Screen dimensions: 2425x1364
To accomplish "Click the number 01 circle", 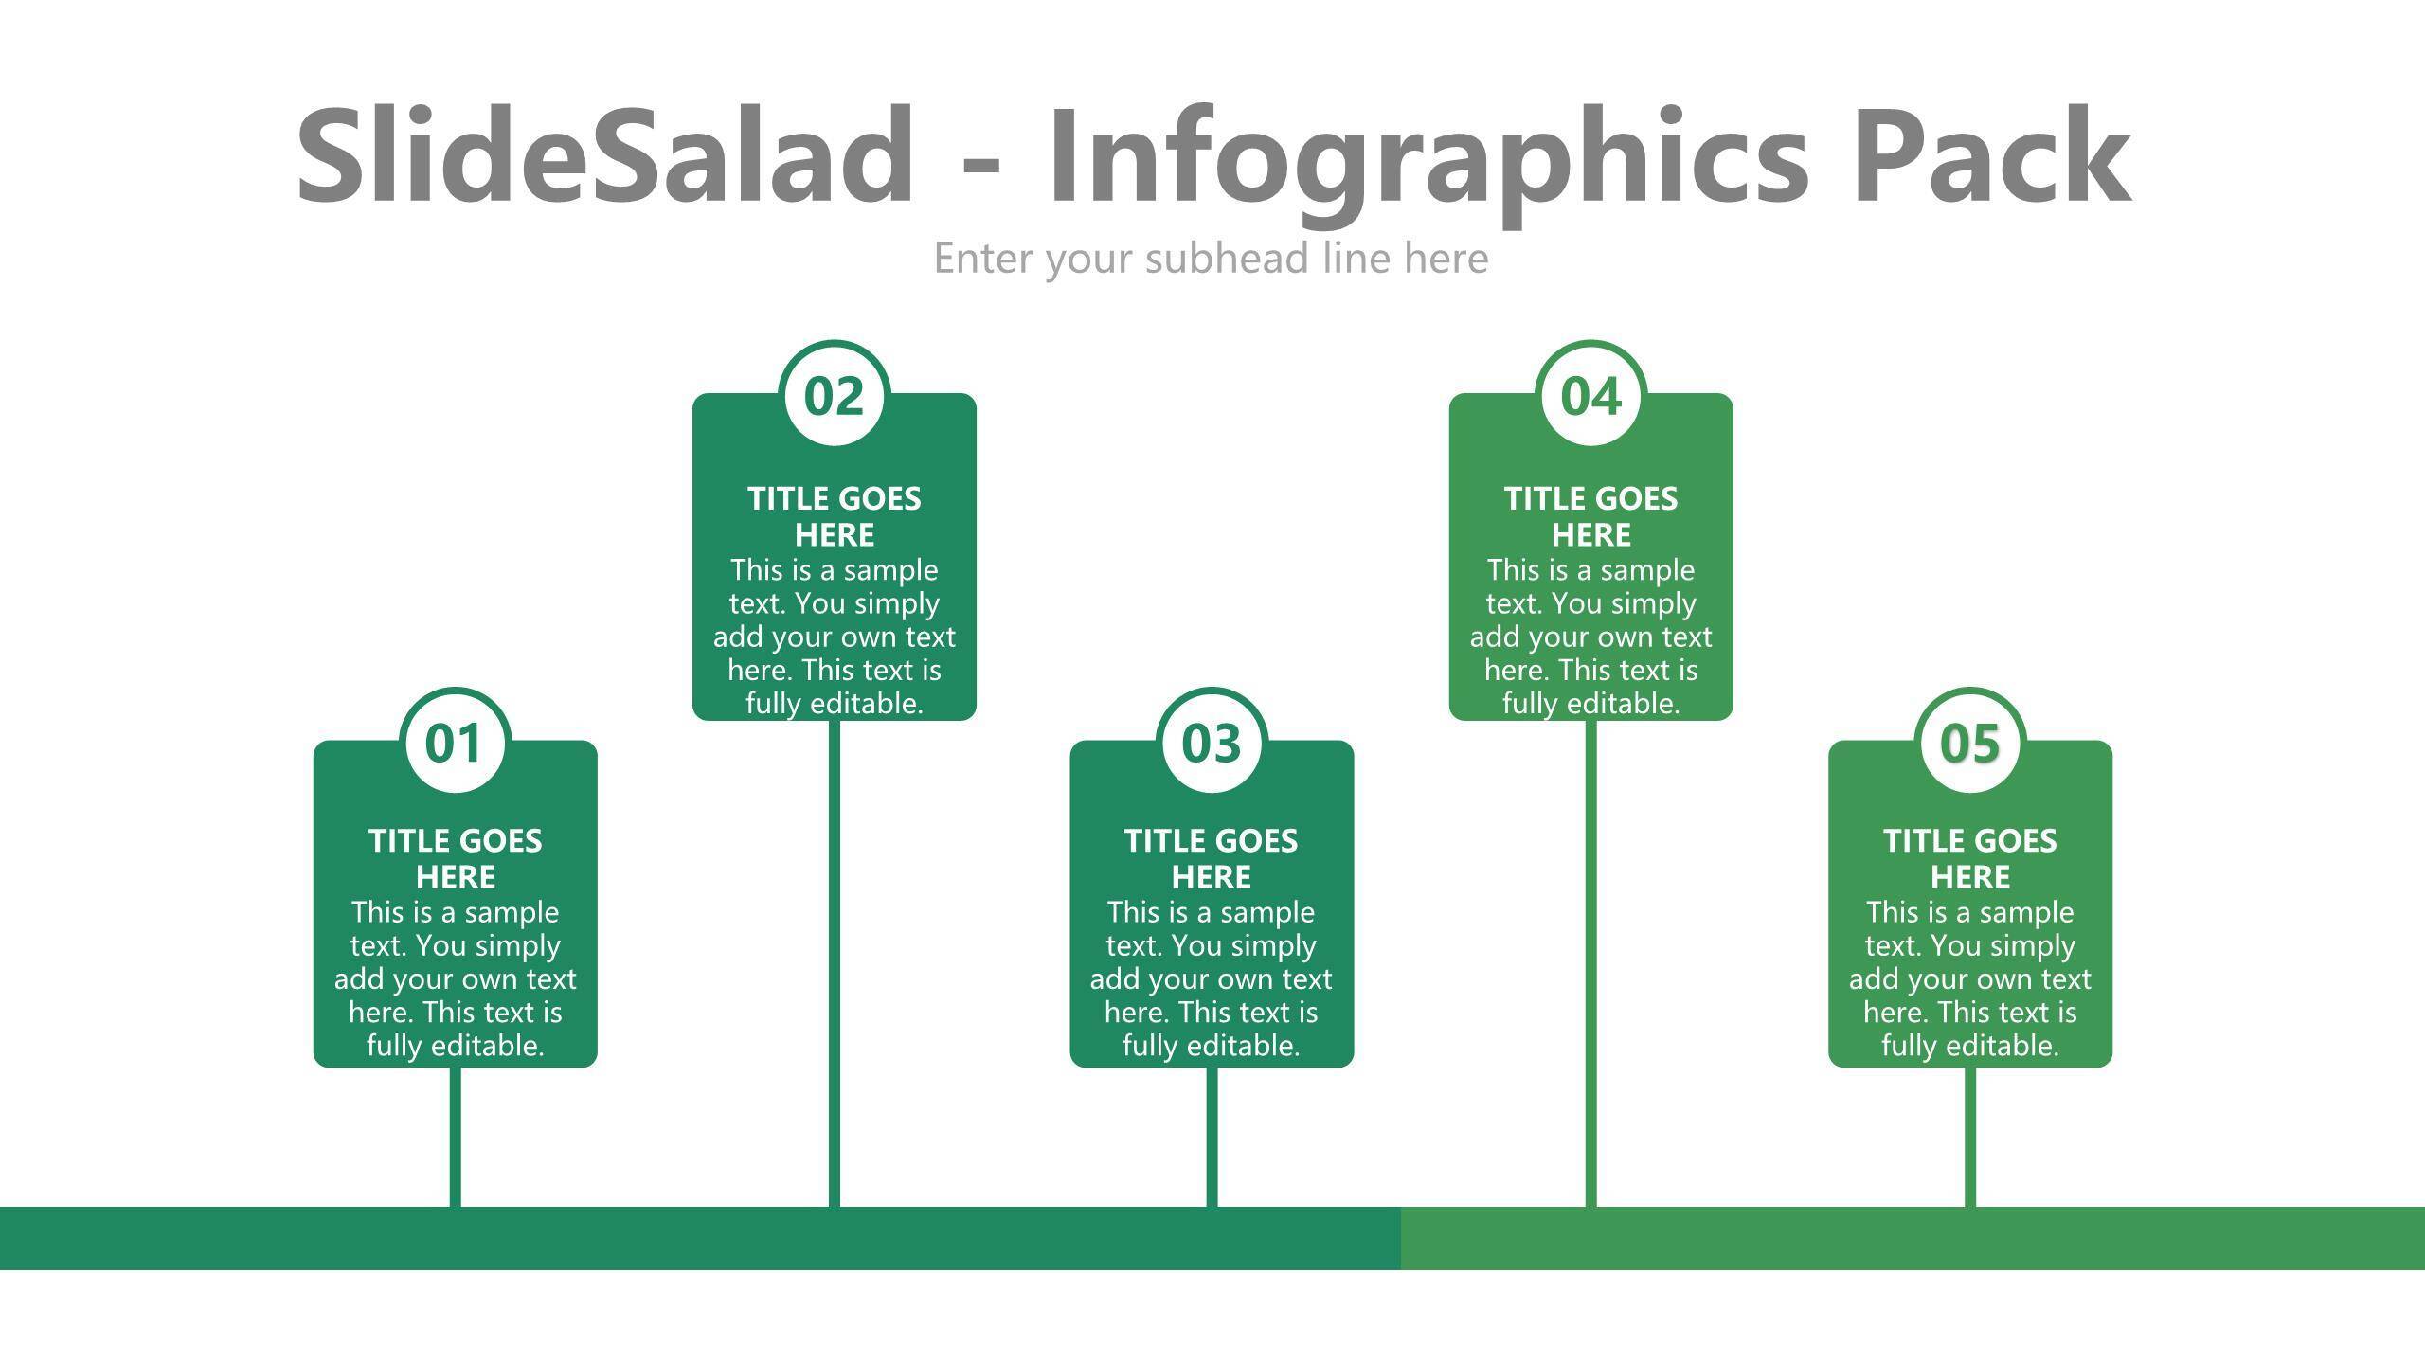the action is click(x=456, y=743).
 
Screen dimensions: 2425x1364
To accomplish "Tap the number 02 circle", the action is click(x=835, y=395).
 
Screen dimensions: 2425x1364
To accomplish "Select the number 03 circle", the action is click(x=1212, y=743).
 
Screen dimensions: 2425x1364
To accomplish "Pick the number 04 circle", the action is click(x=1591, y=395).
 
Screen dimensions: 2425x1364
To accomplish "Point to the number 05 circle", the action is click(x=1970, y=743).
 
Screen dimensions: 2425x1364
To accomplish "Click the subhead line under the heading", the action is click(x=1212, y=259).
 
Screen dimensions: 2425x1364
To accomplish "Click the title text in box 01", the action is click(x=456, y=858).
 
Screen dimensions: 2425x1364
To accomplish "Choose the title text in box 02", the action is click(x=835, y=516).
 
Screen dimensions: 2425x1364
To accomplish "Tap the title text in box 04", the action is click(x=1591, y=516).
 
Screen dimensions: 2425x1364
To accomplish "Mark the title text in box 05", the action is click(x=1970, y=858).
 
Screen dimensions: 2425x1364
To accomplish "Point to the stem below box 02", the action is click(x=835, y=963).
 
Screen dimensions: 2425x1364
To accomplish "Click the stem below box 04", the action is click(x=1591, y=963).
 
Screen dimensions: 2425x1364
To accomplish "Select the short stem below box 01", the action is click(x=456, y=1137).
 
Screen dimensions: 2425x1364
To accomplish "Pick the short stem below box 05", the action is click(x=1970, y=1137).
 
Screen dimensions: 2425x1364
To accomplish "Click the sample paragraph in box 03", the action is click(x=1212, y=978).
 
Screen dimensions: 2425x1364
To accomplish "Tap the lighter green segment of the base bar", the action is click(x=1913, y=1238).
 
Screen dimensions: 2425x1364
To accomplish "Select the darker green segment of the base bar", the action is click(x=700, y=1238).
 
